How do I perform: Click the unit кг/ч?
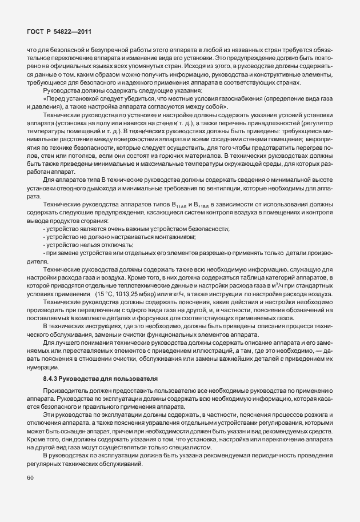(167, 294)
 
